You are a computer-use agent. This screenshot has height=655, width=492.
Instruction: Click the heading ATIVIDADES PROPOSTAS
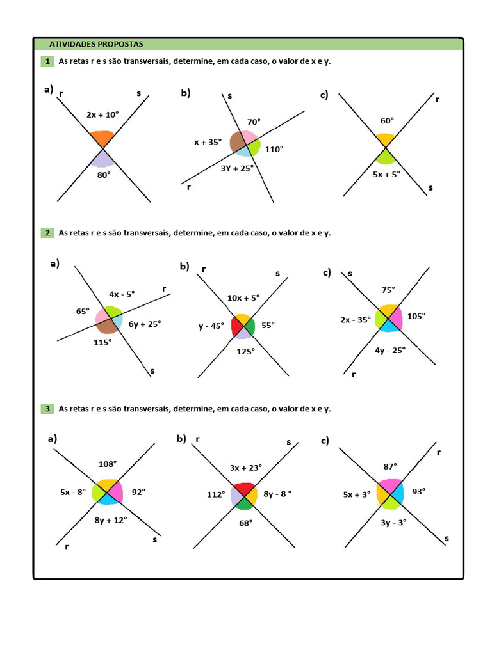(97, 44)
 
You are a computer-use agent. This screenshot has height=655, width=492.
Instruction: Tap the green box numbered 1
(47, 61)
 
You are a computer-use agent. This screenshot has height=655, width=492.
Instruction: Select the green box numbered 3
(47, 408)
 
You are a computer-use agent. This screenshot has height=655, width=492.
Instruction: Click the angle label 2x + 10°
(102, 115)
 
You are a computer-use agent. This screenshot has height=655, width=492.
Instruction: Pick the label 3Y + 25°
(237, 168)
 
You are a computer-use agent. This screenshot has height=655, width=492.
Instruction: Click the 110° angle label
(274, 149)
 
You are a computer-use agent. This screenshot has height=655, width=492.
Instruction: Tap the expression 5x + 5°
(386, 173)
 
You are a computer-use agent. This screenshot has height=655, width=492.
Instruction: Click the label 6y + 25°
(145, 324)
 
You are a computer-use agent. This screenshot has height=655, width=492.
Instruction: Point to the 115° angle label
(102, 342)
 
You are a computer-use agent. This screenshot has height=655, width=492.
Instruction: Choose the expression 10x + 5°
(243, 298)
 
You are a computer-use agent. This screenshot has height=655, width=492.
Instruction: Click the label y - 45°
(211, 326)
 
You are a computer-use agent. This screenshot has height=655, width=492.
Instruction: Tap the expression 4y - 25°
(390, 350)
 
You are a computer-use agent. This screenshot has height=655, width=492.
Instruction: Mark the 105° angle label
(416, 316)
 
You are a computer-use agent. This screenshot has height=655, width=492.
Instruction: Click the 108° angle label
(108, 464)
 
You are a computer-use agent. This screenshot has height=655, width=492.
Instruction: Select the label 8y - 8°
(277, 494)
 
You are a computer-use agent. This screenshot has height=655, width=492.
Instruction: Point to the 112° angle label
(215, 494)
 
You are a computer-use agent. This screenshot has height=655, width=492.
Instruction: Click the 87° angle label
(390, 466)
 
